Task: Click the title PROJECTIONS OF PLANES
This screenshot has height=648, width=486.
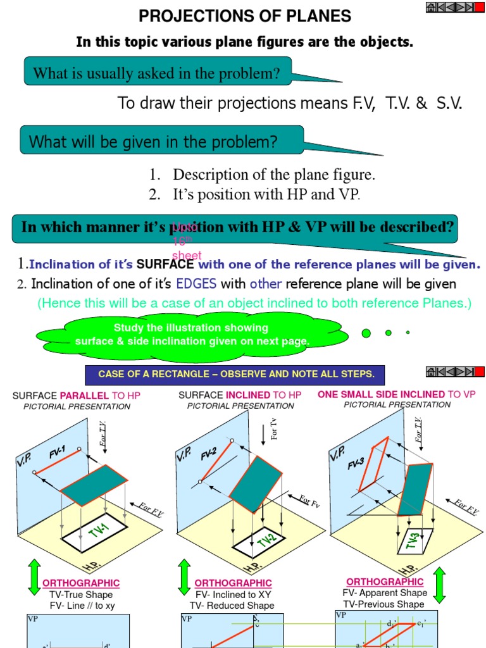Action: coord(244,16)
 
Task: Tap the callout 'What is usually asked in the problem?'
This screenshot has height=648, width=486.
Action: coord(156,73)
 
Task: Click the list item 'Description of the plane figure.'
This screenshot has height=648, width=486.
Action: coord(274,175)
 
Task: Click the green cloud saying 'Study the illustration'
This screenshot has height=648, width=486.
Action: coord(192,335)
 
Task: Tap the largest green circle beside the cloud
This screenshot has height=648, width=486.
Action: coord(366,333)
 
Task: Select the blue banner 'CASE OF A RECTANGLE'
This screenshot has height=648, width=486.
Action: coord(236,374)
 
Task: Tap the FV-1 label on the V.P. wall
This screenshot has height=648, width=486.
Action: coord(58,454)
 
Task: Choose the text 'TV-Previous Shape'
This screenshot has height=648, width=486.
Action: coord(384,604)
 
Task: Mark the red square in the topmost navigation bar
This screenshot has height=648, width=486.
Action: coord(480,7)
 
